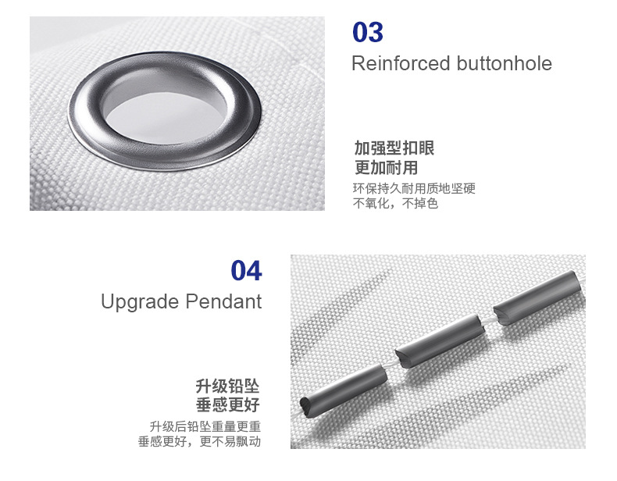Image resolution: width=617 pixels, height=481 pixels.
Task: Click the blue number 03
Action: [x=368, y=32]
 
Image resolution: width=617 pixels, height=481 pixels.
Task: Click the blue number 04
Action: [x=246, y=271]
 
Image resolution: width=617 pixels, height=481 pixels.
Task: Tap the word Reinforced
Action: [x=401, y=63]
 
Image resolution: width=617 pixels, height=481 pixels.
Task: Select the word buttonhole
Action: [x=505, y=63]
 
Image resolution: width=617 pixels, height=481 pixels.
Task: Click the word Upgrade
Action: [x=140, y=302]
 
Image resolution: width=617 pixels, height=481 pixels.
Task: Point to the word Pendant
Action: [x=223, y=301]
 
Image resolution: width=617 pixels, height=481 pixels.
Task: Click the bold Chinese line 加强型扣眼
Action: [x=394, y=148]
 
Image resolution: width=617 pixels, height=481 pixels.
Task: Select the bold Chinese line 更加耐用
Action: [x=386, y=168]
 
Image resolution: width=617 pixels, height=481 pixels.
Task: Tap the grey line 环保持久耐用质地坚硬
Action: [x=414, y=188]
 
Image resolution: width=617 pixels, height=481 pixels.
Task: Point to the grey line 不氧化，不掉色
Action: [x=395, y=203]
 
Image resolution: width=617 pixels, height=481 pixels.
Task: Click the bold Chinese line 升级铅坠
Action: [x=228, y=387]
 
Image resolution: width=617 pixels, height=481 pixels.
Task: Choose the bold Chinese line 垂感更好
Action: [x=228, y=404]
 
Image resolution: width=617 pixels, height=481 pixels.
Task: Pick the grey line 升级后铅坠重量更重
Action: [x=205, y=426]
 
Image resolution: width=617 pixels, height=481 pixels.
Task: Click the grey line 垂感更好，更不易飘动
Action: [x=199, y=441]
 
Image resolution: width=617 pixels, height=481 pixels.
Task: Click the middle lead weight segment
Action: [x=440, y=340]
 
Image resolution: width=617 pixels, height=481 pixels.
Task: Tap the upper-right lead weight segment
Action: [x=537, y=298]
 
